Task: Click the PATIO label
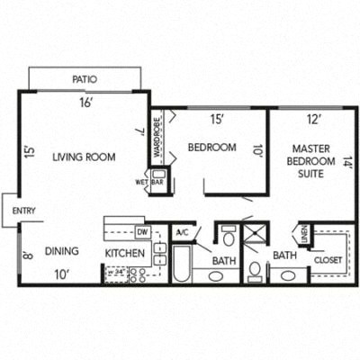click(x=85, y=80)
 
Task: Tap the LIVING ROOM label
click(x=84, y=157)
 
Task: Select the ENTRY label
click(x=23, y=211)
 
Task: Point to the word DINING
click(x=61, y=251)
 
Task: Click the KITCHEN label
click(x=125, y=253)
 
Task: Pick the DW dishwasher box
click(x=142, y=231)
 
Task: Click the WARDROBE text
click(x=156, y=135)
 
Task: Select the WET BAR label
click(x=150, y=181)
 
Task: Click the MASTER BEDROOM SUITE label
click(x=315, y=159)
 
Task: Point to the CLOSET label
click(x=327, y=260)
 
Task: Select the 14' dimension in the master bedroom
click(x=348, y=163)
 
